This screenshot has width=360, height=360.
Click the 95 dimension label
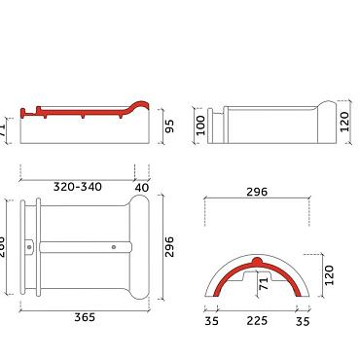[169, 126]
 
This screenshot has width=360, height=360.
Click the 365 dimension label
[84, 316]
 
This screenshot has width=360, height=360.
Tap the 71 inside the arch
[262, 283]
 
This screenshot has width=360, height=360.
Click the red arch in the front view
[226, 275]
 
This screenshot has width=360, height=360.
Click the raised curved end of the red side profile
[140, 105]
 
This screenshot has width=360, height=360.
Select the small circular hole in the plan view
[114, 247]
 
